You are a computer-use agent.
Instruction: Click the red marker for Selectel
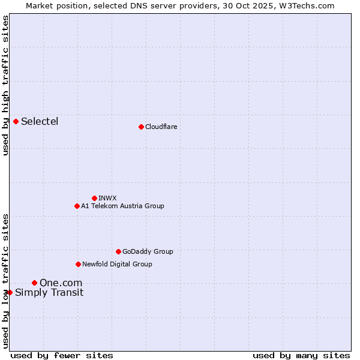pyautogui.click(x=16, y=122)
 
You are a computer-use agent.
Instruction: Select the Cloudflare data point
pyautogui.click(x=141, y=127)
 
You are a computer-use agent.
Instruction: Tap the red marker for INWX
pyautogui.click(x=94, y=198)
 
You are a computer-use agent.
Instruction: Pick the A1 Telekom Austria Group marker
pyautogui.click(x=77, y=206)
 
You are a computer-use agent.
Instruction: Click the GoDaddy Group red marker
pyautogui.click(x=118, y=251)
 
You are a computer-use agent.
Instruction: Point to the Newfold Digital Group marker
pyautogui.click(x=78, y=264)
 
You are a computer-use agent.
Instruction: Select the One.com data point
pyautogui.click(x=34, y=283)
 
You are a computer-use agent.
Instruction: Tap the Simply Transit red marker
pyautogui.click(x=10, y=292)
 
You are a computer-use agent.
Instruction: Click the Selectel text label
pyautogui.click(x=40, y=122)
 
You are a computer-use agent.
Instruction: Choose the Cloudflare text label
pyautogui.click(x=161, y=127)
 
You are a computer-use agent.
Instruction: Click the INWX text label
pyautogui.click(x=107, y=198)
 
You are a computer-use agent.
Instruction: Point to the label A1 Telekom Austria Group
pyautogui.click(x=122, y=206)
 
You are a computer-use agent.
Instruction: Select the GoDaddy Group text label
pyautogui.click(x=148, y=251)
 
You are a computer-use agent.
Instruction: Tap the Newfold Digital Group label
pyautogui.click(x=117, y=264)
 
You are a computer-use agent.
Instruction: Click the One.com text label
pyautogui.click(x=61, y=283)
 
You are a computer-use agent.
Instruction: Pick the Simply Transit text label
pyautogui.click(x=49, y=293)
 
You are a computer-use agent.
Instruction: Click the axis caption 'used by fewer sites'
pyautogui.click(x=62, y=355)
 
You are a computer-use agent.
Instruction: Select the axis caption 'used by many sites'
pyautogui.click(x=301, y=355)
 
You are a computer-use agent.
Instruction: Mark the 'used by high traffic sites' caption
pyautogui.click(x=6, y=85)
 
